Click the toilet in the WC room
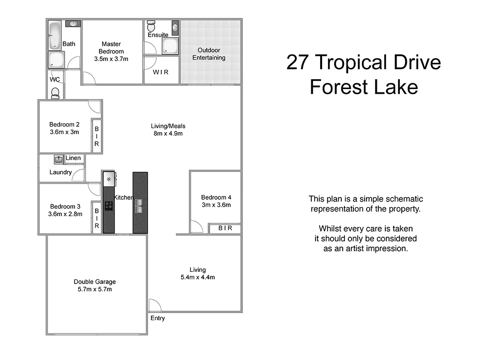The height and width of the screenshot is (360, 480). [55, 92]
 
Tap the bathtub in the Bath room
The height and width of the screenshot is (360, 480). [55, 35]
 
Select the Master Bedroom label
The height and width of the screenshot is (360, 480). [111, 48]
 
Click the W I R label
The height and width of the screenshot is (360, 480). [160, 72]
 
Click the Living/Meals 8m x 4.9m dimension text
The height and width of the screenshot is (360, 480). [168, 134]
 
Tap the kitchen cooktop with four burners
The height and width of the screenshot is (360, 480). [109, 205]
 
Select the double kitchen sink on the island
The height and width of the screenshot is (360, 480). [140, 206]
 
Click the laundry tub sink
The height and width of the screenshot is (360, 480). [59, 159]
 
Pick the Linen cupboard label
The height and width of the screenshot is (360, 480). [73, 158]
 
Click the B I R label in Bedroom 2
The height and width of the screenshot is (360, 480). [97, 136]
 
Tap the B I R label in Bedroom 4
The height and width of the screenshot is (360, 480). [225, 228]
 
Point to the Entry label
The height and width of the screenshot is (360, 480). [157, 319]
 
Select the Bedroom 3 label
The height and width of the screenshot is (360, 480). [65, 207]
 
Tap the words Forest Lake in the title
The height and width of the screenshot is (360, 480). [363, 87]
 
